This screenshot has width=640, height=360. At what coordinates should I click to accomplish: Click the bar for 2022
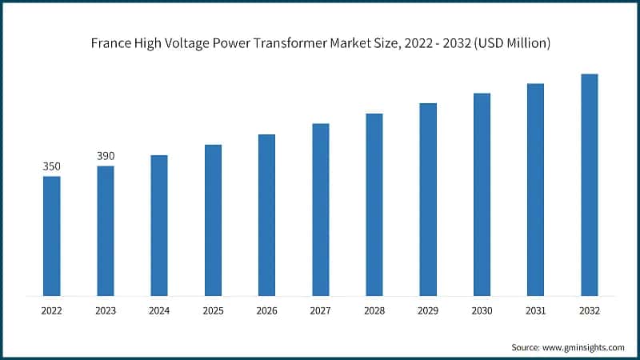coord(51,236)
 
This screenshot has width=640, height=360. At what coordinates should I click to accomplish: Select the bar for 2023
coord(106,231)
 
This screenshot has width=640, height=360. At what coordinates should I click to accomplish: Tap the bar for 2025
coord(213,221)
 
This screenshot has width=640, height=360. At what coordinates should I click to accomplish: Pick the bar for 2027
coord(321,210)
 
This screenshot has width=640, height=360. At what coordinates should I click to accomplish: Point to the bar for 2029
coord(428,199)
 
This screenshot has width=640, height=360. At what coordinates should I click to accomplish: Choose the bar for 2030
coord(482,194)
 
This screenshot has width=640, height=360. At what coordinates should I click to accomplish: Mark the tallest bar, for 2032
coord(589,185)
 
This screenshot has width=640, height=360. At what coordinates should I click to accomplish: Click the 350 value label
coord(51,166)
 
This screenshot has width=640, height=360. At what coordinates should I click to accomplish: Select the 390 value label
coord(106,156)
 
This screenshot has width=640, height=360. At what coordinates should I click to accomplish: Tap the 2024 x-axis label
coord(159,310)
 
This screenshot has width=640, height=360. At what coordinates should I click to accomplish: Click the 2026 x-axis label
coord(266,310)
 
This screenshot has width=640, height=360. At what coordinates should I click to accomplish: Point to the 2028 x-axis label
coord(374,310)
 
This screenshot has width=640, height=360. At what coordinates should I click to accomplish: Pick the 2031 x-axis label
coord(535,310)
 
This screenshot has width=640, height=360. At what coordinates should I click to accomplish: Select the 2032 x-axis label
coord(589,310)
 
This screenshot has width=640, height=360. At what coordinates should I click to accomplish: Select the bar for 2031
coord(535,190)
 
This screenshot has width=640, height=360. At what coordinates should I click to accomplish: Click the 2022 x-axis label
coord(51,310)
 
